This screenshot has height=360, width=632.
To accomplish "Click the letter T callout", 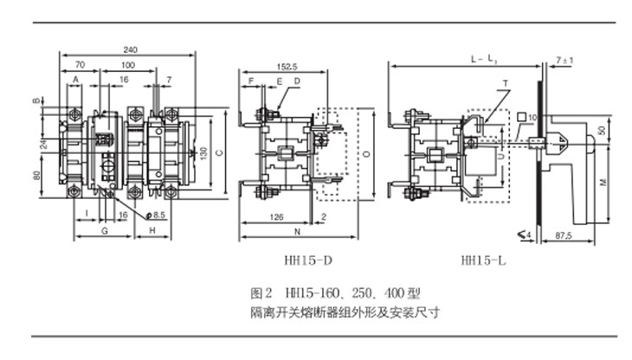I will pos(501,82).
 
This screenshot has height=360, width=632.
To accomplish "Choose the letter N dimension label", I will pos(296,234).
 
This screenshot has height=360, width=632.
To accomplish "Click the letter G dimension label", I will pos(104,233).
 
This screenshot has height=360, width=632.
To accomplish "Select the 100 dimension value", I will pos(128,65).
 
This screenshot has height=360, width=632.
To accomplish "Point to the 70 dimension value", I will pos(80,65).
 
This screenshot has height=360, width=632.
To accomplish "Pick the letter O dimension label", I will pos(367,154).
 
